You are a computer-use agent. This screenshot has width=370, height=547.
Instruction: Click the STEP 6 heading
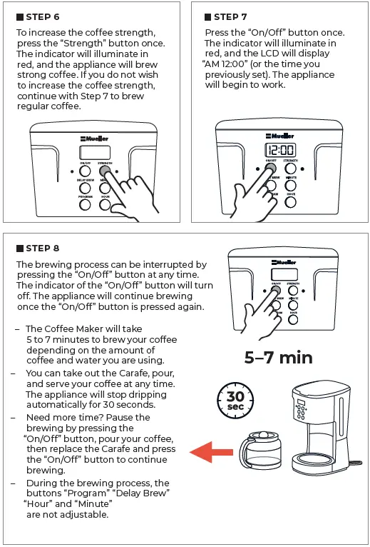point(42,16)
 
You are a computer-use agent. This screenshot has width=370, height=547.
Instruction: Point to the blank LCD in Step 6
point(95,152)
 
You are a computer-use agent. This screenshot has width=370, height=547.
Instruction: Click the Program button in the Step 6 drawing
point(85,205)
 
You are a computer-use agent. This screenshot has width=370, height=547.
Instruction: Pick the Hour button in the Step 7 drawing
point(291,202)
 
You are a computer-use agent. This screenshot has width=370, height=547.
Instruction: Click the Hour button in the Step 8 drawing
point(293,319)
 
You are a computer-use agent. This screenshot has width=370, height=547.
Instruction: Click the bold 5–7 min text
point(278,358)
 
